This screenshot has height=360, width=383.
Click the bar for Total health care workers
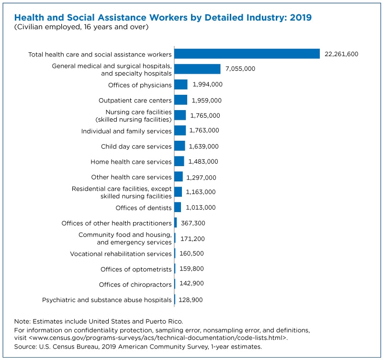pos(247,54)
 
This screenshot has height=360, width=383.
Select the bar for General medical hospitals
pos(197,69)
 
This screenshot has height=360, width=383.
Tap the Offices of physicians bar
pos(181,85)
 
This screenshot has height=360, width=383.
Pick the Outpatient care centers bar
pos(181,100)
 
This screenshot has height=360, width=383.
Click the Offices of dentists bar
pos(178,207)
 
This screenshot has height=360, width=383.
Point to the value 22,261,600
pos(341,54)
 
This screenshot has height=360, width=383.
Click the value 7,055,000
pos(240,68)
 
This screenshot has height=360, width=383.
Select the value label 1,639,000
pos(204,146)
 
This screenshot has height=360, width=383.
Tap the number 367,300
pos(193,223)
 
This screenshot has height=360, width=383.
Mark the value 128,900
pos(191,300)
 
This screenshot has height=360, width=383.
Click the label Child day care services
pos(136,146)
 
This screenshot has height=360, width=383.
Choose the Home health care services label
pos(131,162)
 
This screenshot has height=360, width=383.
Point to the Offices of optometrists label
pos(136,269)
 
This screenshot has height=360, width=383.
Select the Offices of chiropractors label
pos(135,284)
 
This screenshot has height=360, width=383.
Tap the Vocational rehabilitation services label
pos(121,254)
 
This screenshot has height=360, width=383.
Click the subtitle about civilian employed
pos(81,27)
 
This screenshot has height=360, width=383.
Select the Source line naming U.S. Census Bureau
pos(138,347)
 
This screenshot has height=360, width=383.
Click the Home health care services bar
pos(179,161)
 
